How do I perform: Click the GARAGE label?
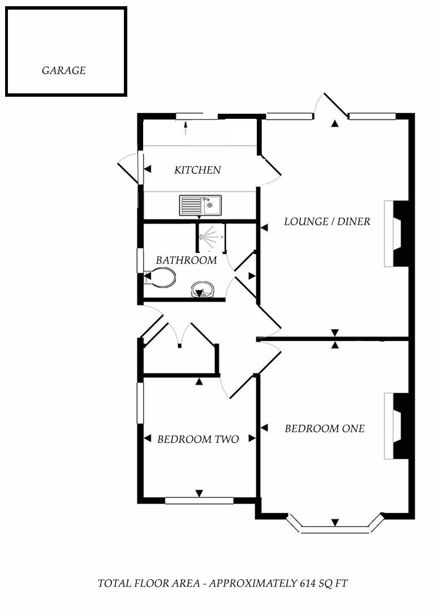[63, 71]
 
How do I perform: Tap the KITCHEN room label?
[197, 170]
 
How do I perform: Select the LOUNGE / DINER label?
[327, 221]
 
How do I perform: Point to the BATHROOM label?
[186, 260]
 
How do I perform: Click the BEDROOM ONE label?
[324, 428]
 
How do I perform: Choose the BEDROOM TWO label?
[198, 439]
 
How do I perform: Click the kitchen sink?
[200, 205]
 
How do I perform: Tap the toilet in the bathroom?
[161, 278]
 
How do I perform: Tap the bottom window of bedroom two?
[199, 501]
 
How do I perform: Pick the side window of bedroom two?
[140, 403]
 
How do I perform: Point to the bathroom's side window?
[139, 261]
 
